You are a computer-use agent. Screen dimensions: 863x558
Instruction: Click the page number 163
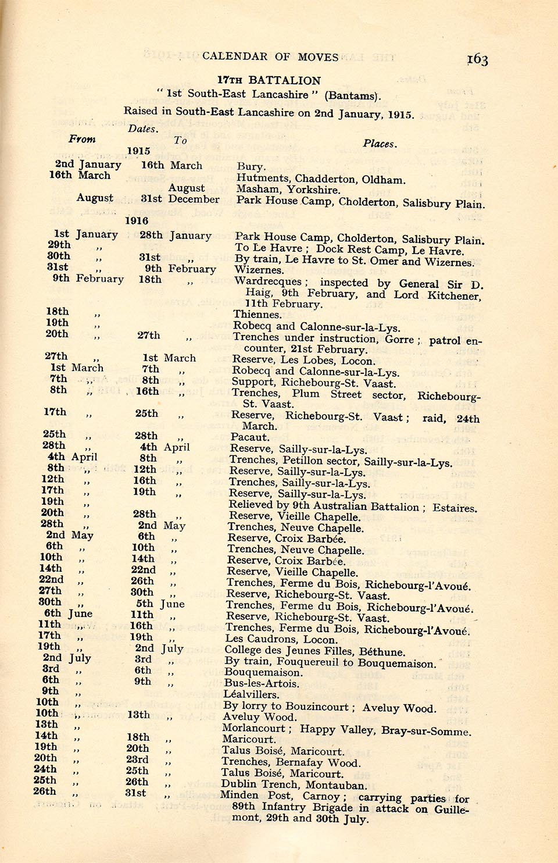tap(477, 59)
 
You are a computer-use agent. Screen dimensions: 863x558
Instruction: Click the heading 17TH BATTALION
tap(269, 80)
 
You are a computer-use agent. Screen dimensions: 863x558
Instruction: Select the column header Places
tap(380, 144)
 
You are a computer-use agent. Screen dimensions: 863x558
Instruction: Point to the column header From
tap(82, 139)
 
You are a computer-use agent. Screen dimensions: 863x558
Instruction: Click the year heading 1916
tap(137, 220)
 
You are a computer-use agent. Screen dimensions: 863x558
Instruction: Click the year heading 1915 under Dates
tap(138, 151)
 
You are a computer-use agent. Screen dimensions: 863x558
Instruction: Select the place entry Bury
tap(251, 167)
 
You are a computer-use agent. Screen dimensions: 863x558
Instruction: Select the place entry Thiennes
tap(257, 315)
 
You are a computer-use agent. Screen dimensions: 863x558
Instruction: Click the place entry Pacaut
tap(249, 437)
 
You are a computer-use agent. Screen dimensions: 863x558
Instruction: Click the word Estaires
tap(455, 508)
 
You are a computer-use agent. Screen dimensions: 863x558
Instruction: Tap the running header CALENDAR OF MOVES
tap(270, 56)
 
